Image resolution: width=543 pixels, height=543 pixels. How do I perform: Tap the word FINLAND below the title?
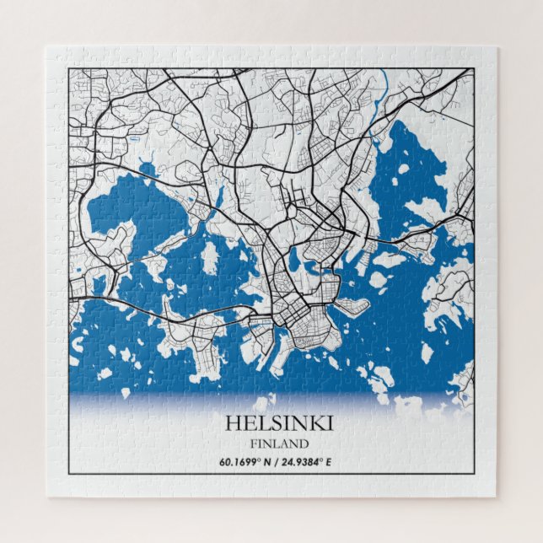279,443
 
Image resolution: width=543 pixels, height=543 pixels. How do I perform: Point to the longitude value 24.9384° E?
312,461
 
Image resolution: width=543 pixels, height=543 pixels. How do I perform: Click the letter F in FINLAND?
253,443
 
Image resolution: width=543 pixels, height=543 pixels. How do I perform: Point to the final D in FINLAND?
304,443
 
